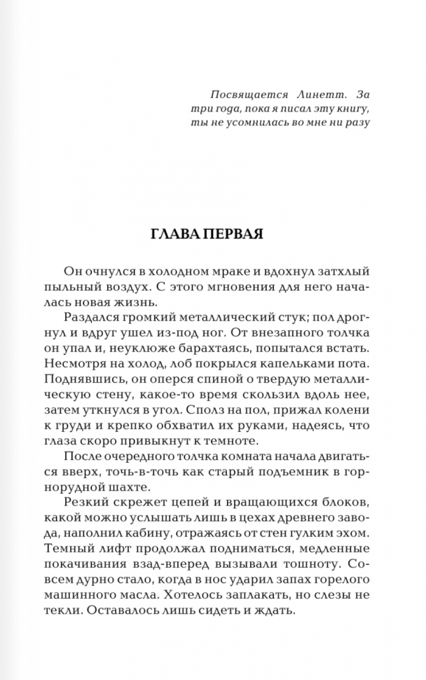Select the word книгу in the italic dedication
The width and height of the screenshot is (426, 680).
coord(348,109)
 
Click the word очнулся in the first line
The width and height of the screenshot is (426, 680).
coord(106,271)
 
